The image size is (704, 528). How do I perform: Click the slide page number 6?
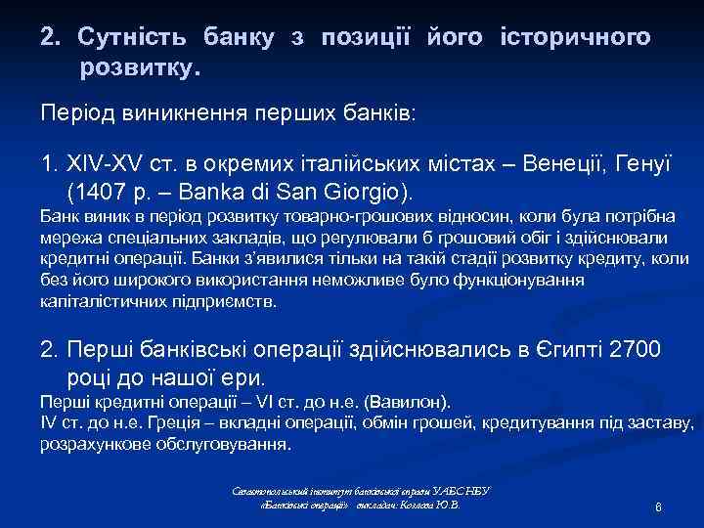660,508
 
